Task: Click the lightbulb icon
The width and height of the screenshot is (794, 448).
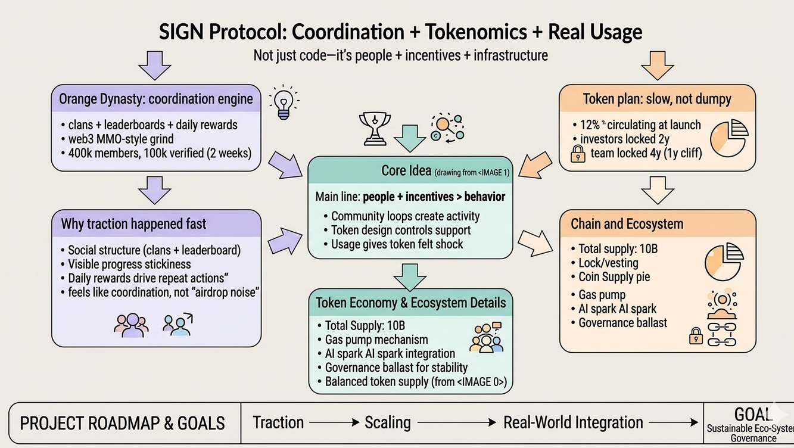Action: [284, 102]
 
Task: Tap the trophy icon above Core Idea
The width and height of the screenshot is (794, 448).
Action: [375, 127]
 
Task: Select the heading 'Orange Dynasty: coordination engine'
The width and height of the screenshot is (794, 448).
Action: [156, 98]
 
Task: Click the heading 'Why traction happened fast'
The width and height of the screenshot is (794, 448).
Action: [133, 224]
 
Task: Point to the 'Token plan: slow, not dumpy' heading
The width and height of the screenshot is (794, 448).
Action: [657, 98]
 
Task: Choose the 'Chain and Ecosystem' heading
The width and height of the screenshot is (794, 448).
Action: [627, 224]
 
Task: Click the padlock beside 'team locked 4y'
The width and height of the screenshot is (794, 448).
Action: [578, 155]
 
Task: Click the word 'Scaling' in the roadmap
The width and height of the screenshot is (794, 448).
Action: [388, 423]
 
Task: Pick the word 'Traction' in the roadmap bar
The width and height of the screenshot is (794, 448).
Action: [278, 423]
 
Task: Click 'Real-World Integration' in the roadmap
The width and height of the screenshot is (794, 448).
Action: [573, 423]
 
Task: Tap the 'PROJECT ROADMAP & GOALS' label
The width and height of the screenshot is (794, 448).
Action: [123, 424]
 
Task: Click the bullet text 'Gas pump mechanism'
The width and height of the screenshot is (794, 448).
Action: [376, 340]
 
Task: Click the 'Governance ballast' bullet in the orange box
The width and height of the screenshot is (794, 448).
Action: [623, 323]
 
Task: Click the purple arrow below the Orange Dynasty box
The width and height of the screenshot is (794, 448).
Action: [155, 190]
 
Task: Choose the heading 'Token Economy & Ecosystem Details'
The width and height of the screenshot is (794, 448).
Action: [410, 303]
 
